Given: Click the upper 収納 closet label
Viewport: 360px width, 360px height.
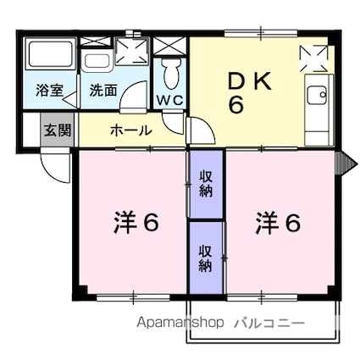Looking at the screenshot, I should coord(205,183).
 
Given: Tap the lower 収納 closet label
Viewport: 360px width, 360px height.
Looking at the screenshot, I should coord(205,258).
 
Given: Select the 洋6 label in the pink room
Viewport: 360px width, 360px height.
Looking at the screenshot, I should coord(136,224).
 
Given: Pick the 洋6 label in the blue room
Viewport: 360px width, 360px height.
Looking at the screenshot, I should coord(279,224).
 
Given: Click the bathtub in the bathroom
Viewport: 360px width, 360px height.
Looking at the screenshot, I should coord(49,58).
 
